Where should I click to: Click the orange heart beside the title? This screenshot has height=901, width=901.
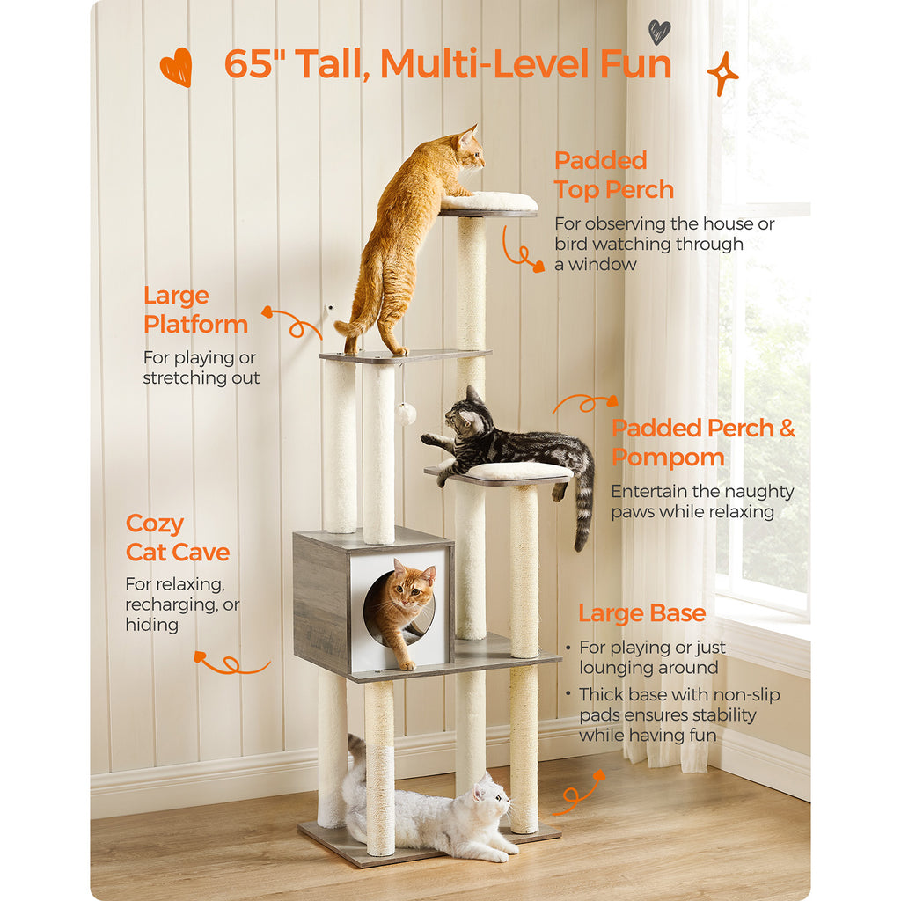176,67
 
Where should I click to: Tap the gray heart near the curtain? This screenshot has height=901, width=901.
659,32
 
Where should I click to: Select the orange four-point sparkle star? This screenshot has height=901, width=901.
722,74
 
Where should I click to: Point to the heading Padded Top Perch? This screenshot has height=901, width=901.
613,175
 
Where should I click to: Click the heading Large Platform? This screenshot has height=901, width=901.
195,310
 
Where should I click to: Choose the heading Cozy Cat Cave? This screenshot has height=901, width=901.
178,538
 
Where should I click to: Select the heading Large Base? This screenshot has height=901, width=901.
641,613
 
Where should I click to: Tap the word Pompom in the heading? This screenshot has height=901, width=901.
668,458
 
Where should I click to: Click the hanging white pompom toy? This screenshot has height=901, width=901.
407,414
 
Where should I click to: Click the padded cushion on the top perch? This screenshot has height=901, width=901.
489,201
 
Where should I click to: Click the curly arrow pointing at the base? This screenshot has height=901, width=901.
577,795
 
